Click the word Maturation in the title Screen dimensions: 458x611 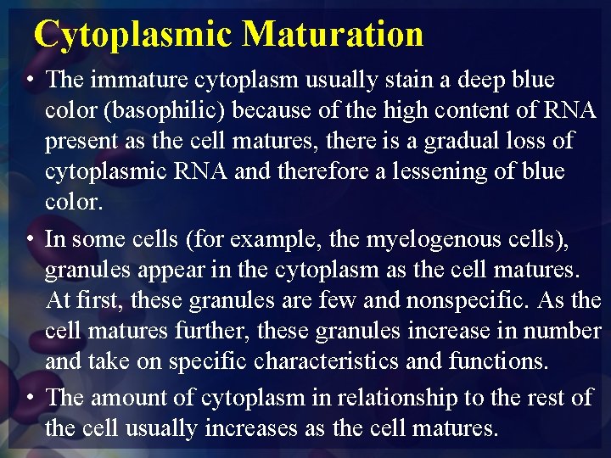[333, 34]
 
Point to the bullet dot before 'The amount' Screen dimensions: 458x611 [31, 398]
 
